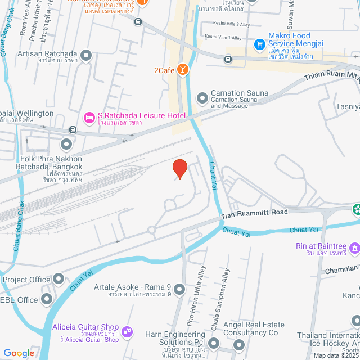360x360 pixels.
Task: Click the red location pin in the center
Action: pyautogui.click(x=179, y=168)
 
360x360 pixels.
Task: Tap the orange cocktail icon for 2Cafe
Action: pyautogui.click(x=182, y=70)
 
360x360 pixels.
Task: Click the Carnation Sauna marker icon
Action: pyautogui.click(x=202, y=98)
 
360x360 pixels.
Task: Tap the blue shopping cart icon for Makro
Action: pyautogui.click(x=259, y=43)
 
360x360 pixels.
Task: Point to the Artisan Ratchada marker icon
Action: pyautogui.click(x=86, y=55)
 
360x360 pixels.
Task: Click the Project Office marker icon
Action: pyautogui.click(x=59, y=280)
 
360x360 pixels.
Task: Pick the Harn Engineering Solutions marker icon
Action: pyautogui.click(x=213, y=343)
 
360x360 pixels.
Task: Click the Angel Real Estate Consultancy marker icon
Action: pyautogui.click(x=239, y=345)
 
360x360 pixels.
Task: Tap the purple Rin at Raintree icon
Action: pyautogui.click(x=354, y=247)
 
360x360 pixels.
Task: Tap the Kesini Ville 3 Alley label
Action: pyautogui.click(x=231, y=24)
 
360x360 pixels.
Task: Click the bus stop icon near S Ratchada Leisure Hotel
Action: pyautogui.click(x=71, y=130)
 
